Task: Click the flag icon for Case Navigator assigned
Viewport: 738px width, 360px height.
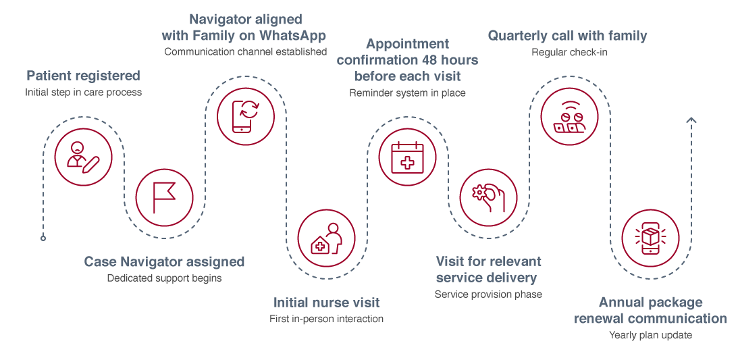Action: [x=164, y=197]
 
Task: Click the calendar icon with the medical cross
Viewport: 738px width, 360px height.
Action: [x=407, y=157]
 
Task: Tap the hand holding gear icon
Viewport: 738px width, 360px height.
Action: [x=489, y=197]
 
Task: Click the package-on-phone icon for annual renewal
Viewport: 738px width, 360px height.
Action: [x=650, y=238]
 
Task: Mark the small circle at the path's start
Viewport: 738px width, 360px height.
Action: [x=43, y=238]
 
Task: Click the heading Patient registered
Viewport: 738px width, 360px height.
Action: [x=83, y=75]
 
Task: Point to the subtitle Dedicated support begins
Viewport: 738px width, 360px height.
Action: [x=164, y=278]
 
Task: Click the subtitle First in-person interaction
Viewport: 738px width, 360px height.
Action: [x=326, y=319]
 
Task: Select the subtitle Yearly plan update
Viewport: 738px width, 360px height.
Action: [x=650, y=335]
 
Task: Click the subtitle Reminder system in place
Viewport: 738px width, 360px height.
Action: [x=407, y=93]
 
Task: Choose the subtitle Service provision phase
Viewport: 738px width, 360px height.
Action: [x=488, y=294]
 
